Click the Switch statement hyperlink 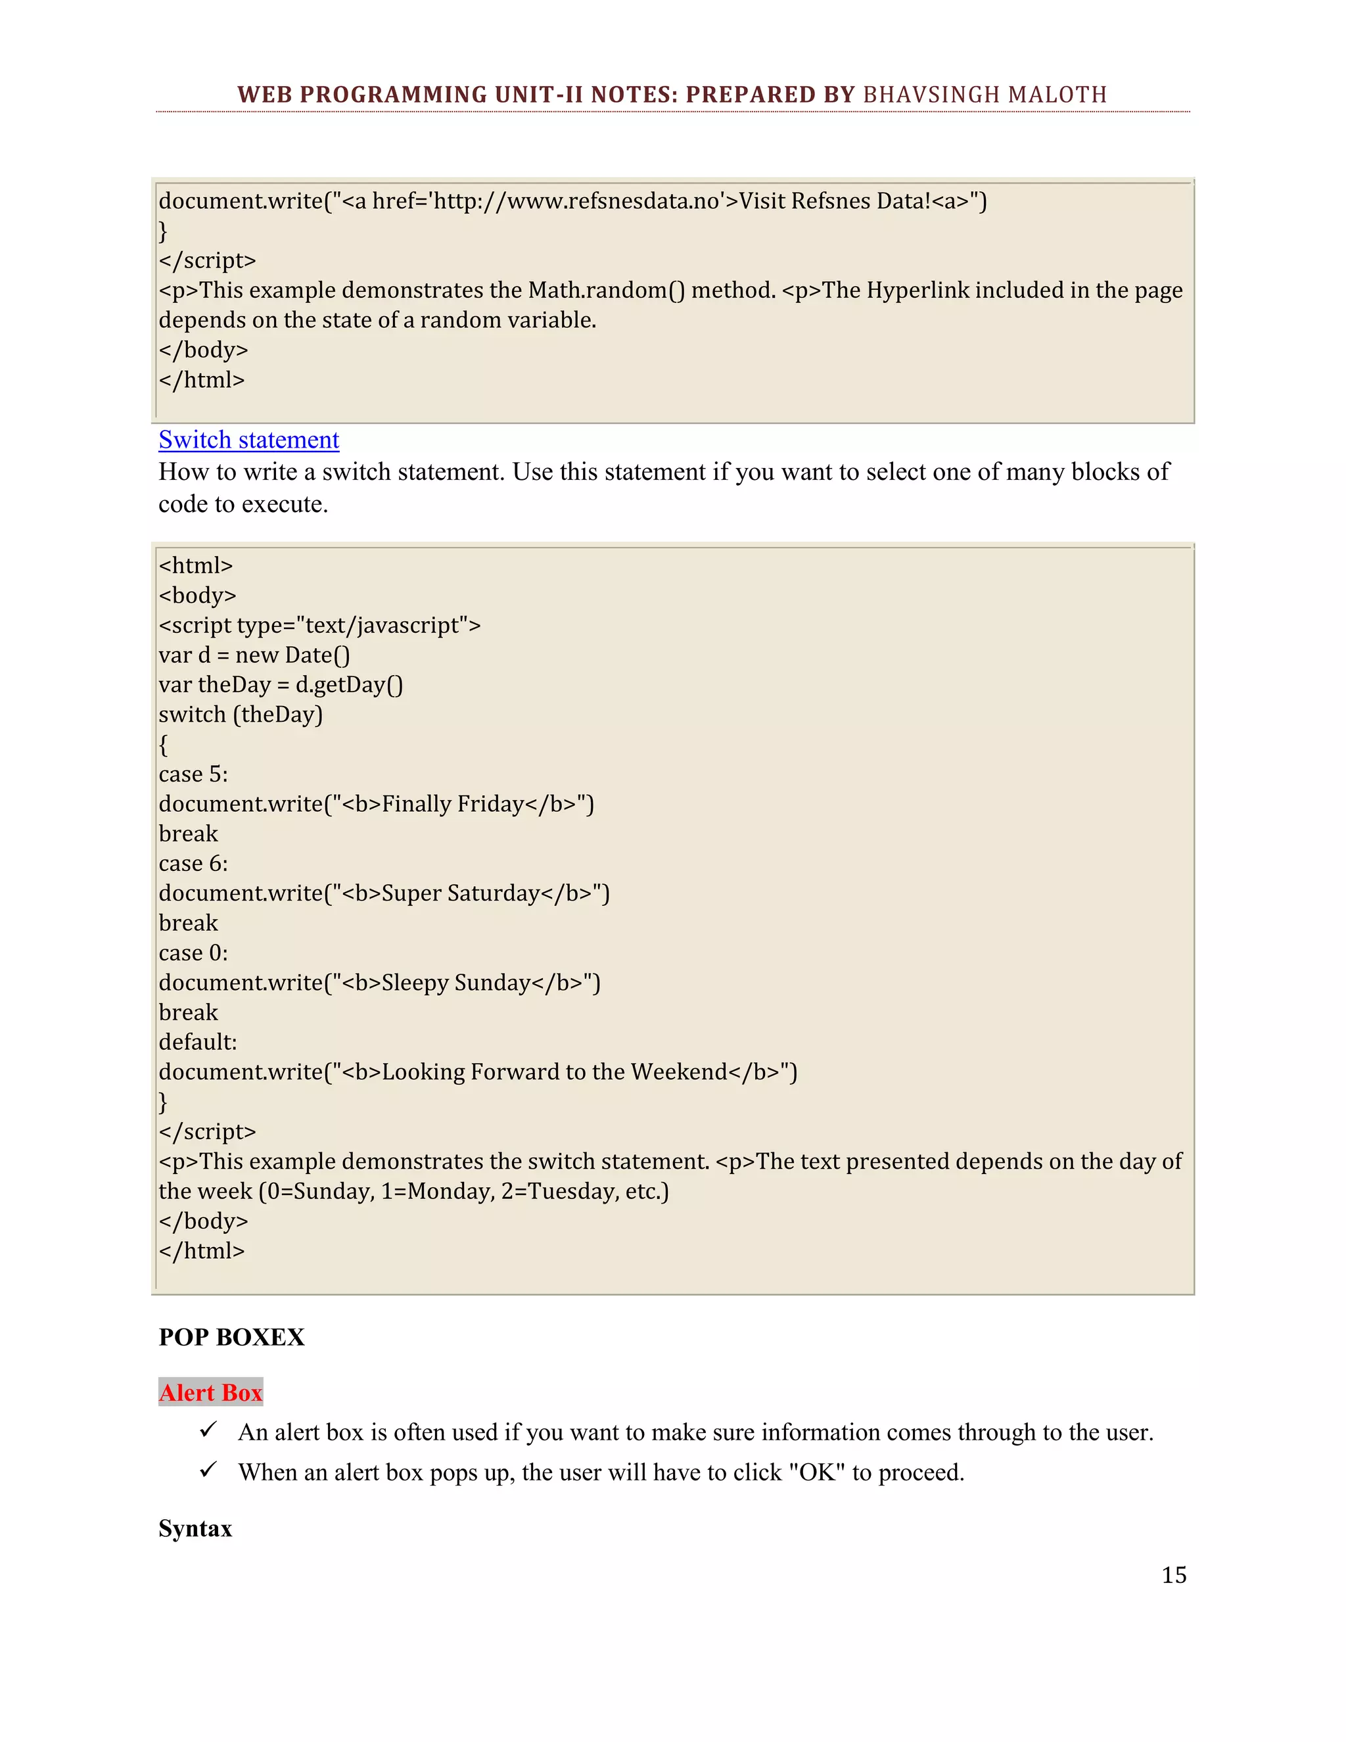(249, 440)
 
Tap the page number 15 (1174, 1574)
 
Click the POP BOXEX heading (231, 1337)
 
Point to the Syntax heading (195, 1528)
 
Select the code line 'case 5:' (193, 774)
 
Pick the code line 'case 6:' (193, 863)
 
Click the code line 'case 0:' (193, 953)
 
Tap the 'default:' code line (198, 1042)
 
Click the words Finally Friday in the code (453, 803)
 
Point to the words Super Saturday (461, 893)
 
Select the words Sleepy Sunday (456, 982)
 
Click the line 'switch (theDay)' (241, 714)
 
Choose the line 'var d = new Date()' (254, 655)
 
